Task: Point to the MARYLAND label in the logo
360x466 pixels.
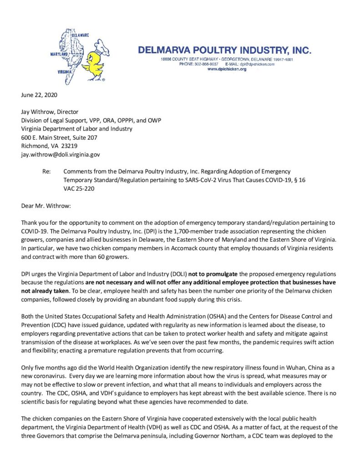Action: (x=60, y=54)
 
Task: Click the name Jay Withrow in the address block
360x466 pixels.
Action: (x=36, y=112)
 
